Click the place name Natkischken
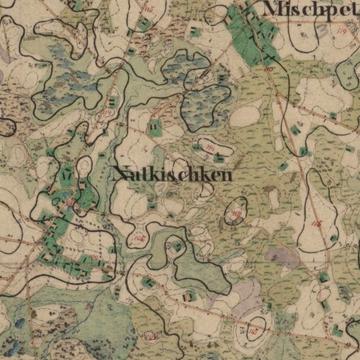point(173,175)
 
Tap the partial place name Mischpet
point(311,9)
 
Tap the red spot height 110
point(109,112)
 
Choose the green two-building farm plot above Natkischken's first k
point(155,129)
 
